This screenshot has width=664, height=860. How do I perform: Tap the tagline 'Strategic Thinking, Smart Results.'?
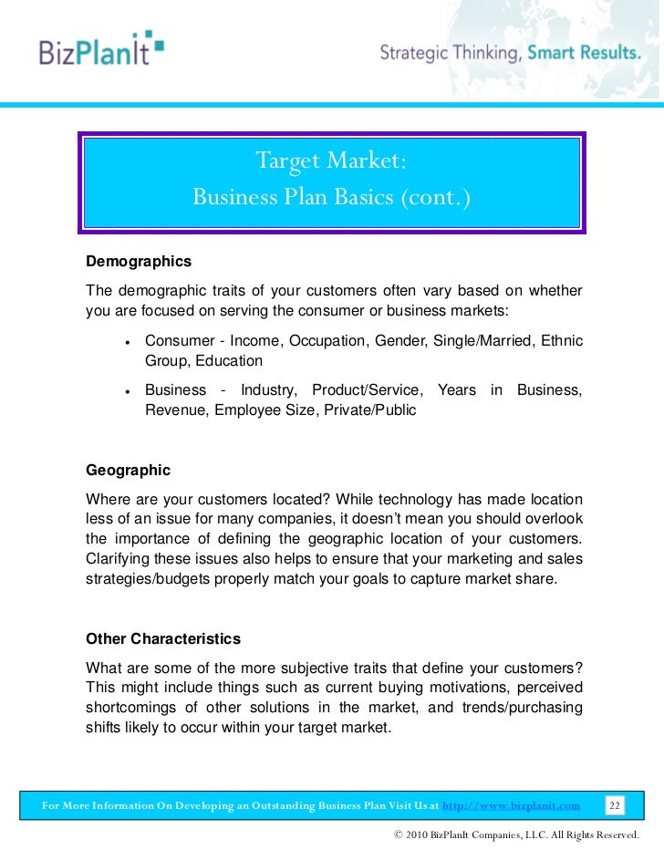point(510,52)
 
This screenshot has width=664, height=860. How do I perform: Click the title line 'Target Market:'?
point(330,161)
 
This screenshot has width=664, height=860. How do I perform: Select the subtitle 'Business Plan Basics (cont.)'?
point(330,197)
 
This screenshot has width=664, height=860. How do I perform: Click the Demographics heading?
point(139,262)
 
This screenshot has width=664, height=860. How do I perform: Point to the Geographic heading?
point(128,471)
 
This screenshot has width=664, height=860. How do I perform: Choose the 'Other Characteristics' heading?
point(162,637)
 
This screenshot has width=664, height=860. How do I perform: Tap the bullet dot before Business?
point(128,391)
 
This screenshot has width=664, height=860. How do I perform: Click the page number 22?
point(615,805)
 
